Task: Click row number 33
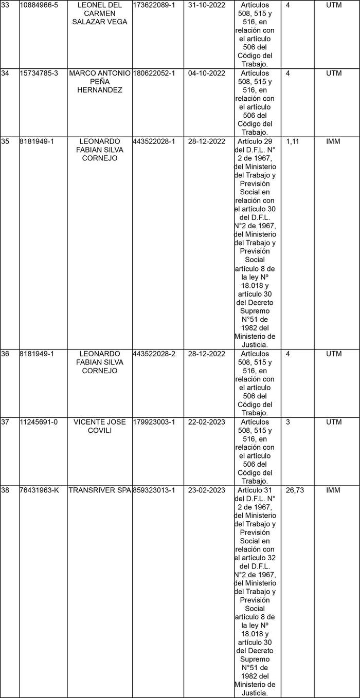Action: tap(6, 5)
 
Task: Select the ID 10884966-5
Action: tap(39, 5)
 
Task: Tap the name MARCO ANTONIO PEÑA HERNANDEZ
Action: tap(100, 81)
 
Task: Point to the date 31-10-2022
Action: tap(207, 5)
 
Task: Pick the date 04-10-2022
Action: tap(207, 74)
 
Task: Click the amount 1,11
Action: tap(293, 141)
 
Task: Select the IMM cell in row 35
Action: tap(333, 141)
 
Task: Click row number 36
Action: tap(6, 354)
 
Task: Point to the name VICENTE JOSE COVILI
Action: tap(100, 426)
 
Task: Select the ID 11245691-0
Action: tap(39, 423)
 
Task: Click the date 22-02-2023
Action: tap(207, 423)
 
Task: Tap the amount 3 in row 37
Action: tap(288, 423)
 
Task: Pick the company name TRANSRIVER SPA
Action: tap(100, 490)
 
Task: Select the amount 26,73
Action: tap(295, 490)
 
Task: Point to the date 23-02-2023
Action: tap(207, 490)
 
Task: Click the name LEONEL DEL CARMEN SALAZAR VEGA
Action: tap(100, 13)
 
